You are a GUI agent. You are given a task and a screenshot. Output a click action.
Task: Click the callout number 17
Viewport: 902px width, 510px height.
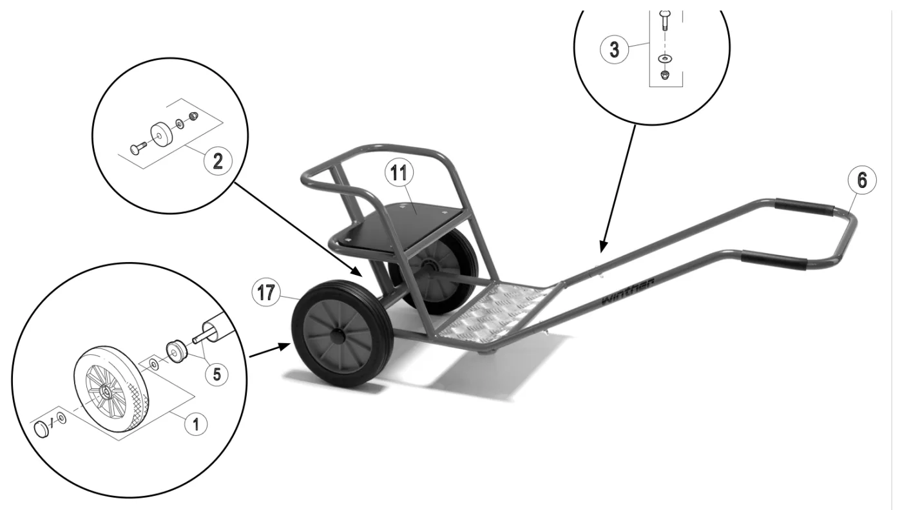click(266, 292)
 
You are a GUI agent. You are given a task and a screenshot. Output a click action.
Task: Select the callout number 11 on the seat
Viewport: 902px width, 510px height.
click(399, 173)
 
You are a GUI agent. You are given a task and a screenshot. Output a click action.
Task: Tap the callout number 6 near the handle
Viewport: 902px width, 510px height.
click(862, 180)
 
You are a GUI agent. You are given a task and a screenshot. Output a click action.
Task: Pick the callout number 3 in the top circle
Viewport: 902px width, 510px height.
click(614, 50)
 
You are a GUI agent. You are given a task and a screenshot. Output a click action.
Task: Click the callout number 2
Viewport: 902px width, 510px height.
click(218, 161)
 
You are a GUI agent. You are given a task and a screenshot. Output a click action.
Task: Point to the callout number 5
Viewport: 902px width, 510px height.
click(216, 374)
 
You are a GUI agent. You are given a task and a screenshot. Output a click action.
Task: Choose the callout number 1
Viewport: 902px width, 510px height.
click(196, 424)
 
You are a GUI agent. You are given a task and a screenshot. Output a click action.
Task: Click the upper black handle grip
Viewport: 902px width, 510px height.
click(804, 207)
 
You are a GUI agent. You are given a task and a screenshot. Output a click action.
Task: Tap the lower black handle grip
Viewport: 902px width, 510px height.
click(774, 260)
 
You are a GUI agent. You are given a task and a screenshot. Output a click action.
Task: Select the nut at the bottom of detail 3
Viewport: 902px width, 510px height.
click(665, 75)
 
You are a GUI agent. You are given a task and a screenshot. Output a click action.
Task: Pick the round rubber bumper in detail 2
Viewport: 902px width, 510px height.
click(161, 135)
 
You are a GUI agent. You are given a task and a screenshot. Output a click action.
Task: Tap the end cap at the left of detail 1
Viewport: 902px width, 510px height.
click(41, 430)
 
